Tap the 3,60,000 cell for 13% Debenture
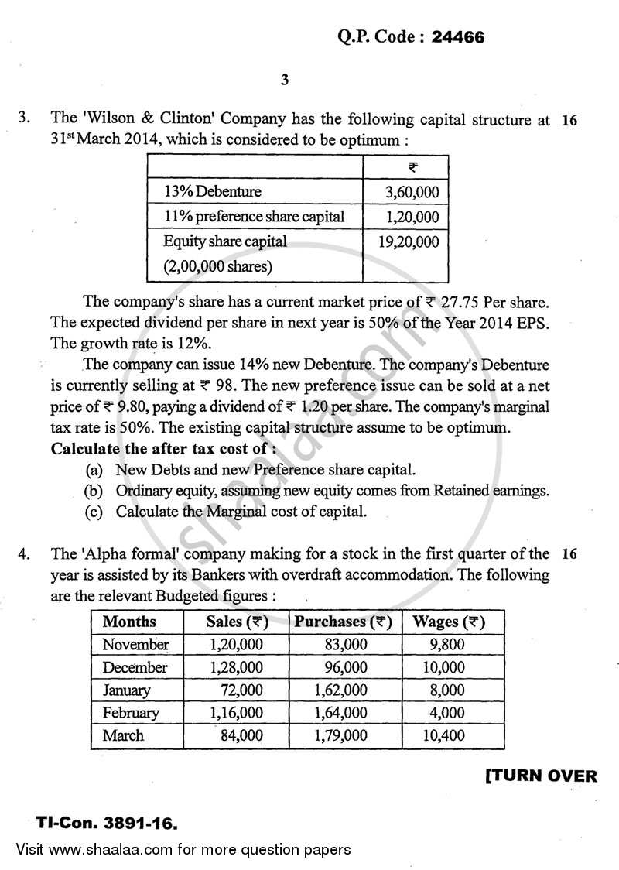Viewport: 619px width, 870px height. point(412,191)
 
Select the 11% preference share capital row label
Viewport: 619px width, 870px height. point(254,217)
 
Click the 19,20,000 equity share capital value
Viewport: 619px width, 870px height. point(409,242)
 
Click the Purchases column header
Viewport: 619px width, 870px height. point(343,622)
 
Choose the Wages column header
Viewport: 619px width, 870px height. point(449,622)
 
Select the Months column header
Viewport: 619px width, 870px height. point(129,622)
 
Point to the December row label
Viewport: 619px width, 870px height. point(135,667)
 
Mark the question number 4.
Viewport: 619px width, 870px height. point(26,553)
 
